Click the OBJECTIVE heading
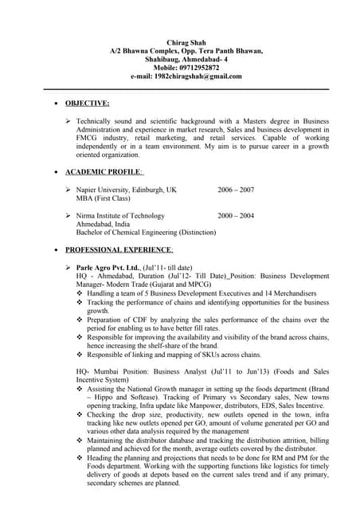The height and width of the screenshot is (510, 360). point(87,104)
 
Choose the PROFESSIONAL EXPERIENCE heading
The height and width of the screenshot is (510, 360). point(119,249)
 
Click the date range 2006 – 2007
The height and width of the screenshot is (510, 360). point(236,190)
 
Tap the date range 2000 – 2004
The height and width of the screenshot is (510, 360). point(236,215)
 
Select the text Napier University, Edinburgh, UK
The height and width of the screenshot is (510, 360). point(126,190)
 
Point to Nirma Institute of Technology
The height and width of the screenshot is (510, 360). point(120,215)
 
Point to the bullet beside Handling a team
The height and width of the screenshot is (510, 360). point(80,293)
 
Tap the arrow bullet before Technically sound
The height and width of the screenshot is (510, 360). point(68,121)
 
